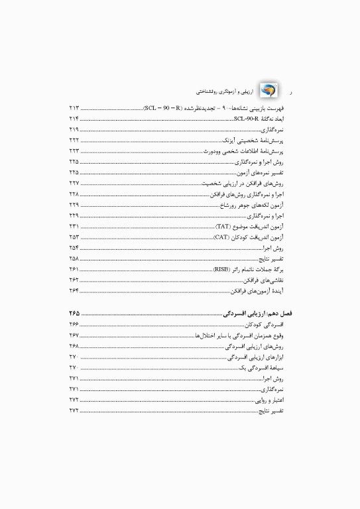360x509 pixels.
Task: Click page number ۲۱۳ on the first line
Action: coord(74,107)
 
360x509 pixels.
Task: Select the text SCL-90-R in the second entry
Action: coord(247,118)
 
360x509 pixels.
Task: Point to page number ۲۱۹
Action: coord(74,129)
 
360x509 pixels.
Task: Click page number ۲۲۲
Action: coord(74,141)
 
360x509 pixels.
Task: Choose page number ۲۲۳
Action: coord(74,151)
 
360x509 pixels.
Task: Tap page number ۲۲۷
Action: coord(74,183)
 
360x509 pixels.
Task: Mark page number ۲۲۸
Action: coord(74,194)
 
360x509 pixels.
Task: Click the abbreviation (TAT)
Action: coord(223,227)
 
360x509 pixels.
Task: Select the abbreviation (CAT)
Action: coord(222,237)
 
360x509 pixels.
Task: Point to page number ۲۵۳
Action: coord(74,237)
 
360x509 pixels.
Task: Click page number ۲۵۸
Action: coord(74,258)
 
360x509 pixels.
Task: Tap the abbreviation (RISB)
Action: coord(221,270)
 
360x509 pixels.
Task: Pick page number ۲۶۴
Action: coord(74,291)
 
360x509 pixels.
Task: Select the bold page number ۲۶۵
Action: coord(74,312)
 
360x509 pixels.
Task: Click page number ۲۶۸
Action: coord(74,347)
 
